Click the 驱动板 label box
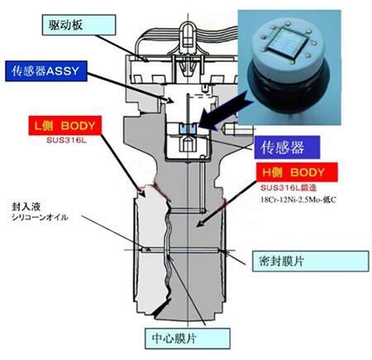point(79,25)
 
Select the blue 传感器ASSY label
point(46,71)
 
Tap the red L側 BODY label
point(65,126)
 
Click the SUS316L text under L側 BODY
point(66,140)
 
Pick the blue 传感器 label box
point(287,147)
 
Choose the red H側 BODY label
point(297,172)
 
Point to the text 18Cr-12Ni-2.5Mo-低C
point(298,199)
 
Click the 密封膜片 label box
point(310,262)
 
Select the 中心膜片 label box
point(188,338)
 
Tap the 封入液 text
point(26,207)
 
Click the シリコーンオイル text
point(40,218)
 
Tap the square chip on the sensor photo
point(286,45)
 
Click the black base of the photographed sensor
point(289,89)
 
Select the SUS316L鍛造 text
point(289,188)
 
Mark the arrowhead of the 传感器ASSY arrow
point(169,100)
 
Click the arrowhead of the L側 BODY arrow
point(142,193)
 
